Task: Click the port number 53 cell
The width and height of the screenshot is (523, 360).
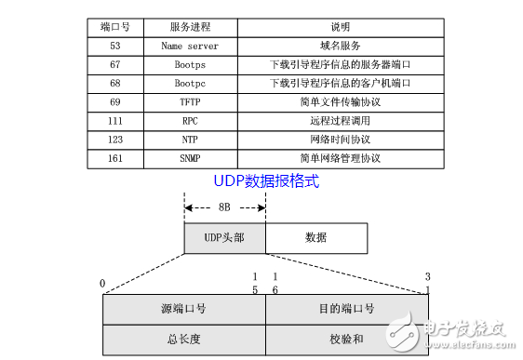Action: pyautogui.click(x=115, y=45)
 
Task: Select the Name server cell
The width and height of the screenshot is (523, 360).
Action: pyautogui.click(x=190, y=45)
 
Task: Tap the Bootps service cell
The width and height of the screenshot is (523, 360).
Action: pyautogui.click(x=190, y=64)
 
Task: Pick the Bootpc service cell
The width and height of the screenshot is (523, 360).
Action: pyautogui.click(x=190, y=83)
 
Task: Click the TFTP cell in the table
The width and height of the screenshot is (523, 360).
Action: pyautogui.click(x=190, y=101)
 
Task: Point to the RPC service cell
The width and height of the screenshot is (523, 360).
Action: pyautogui.click(x=190, y=121)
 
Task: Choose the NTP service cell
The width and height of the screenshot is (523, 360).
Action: pyautogui.click(x=190, y=140)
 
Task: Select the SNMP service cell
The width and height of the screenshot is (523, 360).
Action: pyautogui.click(x=190, y=159)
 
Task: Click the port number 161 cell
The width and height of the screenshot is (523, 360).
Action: pyautogui.click(x=115, y=159)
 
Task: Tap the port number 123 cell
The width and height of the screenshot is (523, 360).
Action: pyautogui.click(x=115, y=140)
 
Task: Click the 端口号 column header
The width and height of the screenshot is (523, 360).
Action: pyautogui.click(x=115, y=26)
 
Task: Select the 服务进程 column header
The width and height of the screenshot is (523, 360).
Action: pyautogui.click(x=190, y=26)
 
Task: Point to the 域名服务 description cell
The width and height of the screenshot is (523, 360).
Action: pyautogui.click(x=340, y=45)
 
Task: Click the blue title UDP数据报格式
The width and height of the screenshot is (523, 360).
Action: pyautogui.click(x=267, y=181)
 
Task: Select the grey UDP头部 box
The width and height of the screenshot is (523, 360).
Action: pyautogui.click(x=224, y=237)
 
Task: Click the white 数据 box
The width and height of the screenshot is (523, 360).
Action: pyautogui.click(x=316, y=237)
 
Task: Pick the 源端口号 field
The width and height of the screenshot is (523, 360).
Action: pyautogui.click(x=183, y=309)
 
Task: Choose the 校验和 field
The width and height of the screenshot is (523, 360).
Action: pyautogui.click(x=346, y=339)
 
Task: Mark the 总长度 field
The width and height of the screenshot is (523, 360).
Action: pyautogui.click(x=183, y=339)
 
